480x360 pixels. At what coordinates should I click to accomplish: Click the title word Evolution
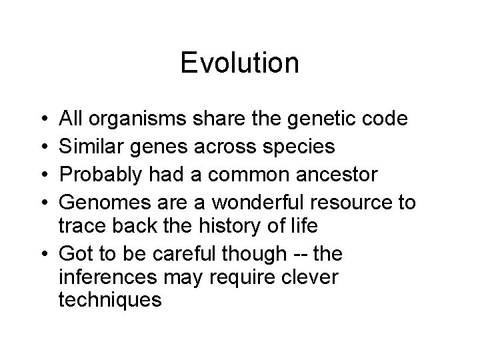(239, 63)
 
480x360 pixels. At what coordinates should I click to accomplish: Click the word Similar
(93, 146)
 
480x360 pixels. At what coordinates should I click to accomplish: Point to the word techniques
(111, 300)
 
